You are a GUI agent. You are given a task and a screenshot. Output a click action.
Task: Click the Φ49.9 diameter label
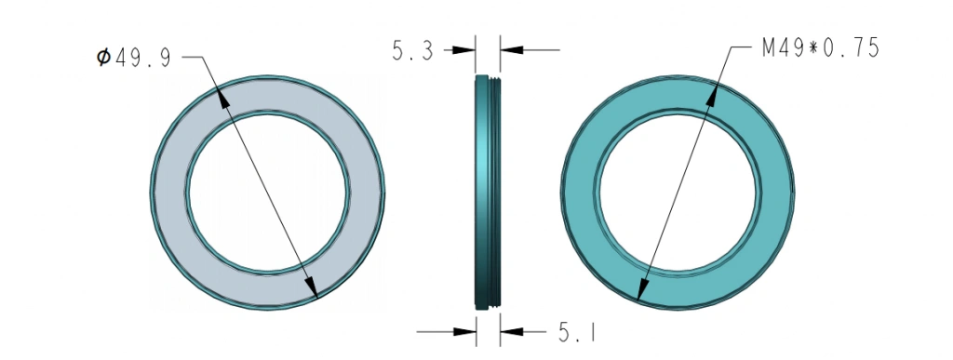(x=134, y=58)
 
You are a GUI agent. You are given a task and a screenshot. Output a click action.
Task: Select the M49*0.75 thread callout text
(x=821, y=47)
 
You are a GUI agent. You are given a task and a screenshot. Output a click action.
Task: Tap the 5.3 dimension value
(x=412, y=51)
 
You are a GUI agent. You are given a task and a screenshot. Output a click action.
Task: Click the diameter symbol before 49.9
(x=104, y=58)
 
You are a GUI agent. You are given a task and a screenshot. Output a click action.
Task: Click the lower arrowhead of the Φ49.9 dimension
(x=311, y=287)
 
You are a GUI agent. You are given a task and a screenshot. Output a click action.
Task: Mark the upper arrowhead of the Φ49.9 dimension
(x=223, y=97)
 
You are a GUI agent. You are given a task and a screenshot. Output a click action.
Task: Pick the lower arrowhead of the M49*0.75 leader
(x=641, y=287)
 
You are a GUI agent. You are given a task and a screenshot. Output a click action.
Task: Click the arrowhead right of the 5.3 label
(x=463, y=50)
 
